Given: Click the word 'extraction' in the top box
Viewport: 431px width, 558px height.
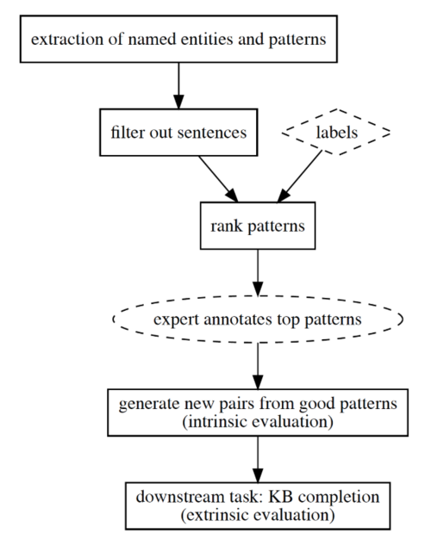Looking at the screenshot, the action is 66,39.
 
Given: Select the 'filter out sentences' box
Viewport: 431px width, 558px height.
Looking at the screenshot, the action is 178,133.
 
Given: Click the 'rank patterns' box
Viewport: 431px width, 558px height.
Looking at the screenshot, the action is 258,226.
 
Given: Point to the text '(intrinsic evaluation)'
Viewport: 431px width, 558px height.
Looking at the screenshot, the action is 258,422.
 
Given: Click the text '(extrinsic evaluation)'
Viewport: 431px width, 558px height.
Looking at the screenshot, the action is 258,515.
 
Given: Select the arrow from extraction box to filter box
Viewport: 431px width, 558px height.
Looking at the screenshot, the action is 178,86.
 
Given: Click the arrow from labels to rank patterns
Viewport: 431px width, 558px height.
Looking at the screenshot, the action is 300,177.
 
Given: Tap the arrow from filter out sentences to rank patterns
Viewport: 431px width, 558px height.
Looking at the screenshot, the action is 218,179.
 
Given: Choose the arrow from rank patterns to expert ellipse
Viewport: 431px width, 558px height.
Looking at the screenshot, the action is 258,273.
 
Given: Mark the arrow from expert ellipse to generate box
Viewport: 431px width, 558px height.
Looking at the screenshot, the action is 258,366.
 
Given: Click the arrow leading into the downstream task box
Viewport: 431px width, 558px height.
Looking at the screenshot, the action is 258,460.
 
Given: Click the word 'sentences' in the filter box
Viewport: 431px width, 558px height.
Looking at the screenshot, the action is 212,133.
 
